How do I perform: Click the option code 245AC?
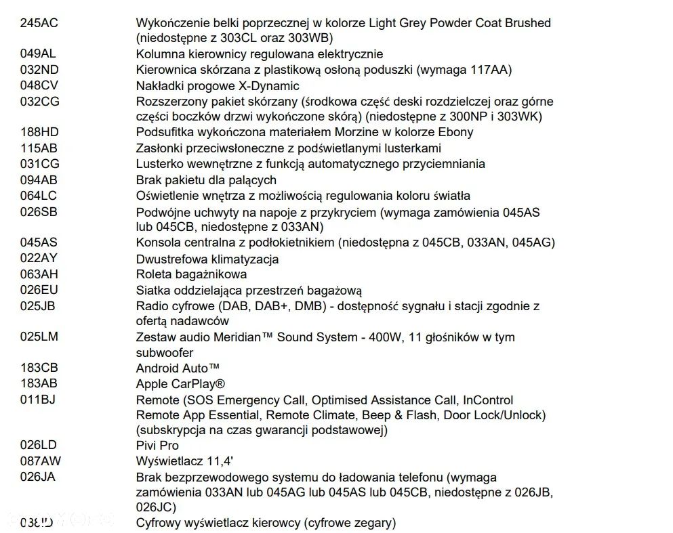pos(39,23)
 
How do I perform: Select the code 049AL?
pos(39,54)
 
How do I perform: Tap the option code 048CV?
pos(39,86)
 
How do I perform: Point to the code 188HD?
pos(39,132)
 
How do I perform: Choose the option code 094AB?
pos(39,180)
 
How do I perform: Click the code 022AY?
pos(39,259)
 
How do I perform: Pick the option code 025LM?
pos(39,337)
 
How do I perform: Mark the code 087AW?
pos(40,462)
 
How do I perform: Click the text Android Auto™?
pos(178,368)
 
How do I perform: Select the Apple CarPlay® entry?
pos(180,384)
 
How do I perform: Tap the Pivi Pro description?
pos(157,446)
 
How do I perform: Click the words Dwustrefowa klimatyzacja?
pos(207,259)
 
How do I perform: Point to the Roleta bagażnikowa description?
pos(191,274)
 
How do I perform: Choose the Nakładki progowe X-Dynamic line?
pos(218,86)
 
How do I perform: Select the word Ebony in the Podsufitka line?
pos(453,132)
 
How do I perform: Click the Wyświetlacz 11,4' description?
pos(180,462)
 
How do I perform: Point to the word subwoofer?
pos(165,353)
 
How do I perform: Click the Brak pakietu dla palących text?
pos(206,180)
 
